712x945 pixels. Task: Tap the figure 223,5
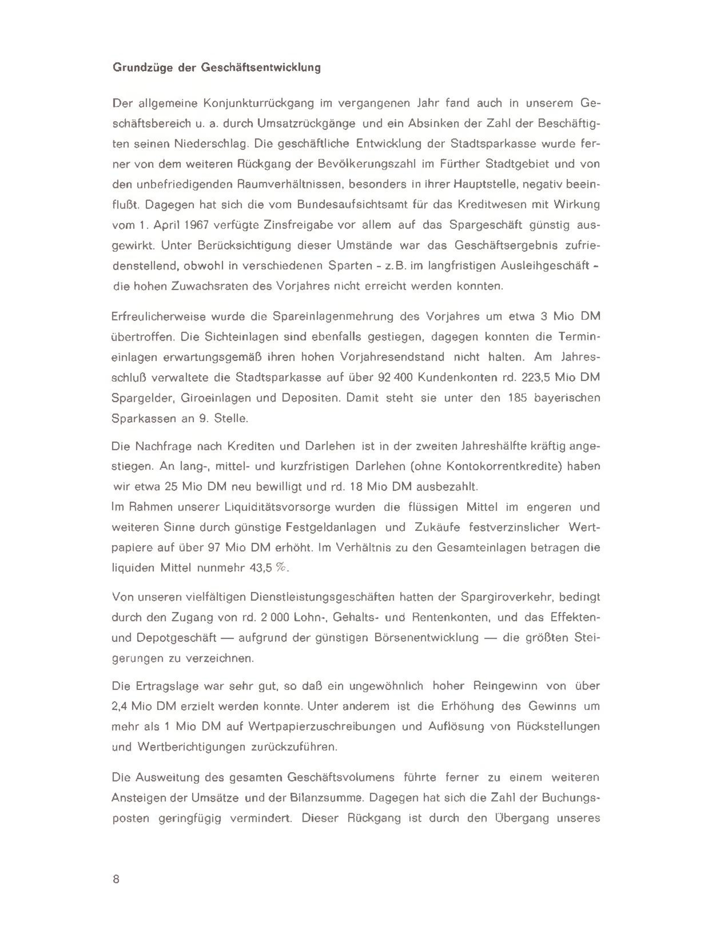tap(537, 378)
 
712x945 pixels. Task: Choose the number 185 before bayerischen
tap(517, 398)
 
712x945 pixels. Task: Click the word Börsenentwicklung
tap(426, 638)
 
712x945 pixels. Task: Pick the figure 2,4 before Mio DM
tap(120, 706)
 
